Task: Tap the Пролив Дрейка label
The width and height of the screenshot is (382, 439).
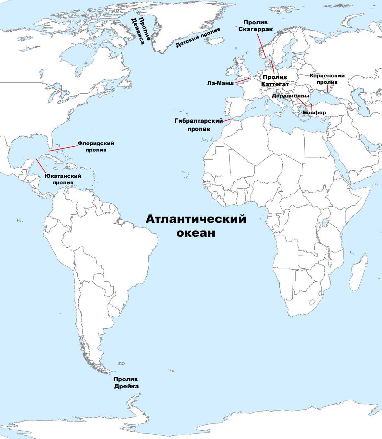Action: [x=126, y=383]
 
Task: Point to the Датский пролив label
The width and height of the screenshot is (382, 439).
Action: [x=198, y=38]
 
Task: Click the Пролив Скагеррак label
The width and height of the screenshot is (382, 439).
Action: [x=255, y=26]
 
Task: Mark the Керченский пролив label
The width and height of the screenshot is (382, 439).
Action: [x=327, y=79]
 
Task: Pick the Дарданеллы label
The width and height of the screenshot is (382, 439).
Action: [x=290, y=96]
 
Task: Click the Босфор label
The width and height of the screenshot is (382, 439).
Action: [x=314, y=113]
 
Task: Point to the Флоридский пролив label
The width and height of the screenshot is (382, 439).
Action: [x=96, y=147]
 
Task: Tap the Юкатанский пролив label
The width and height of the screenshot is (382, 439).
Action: [x=63, y=179]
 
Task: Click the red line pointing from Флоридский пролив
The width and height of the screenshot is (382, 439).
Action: [x=63, y=148]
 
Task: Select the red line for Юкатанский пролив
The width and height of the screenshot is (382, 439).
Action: [x=41, y=166]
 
